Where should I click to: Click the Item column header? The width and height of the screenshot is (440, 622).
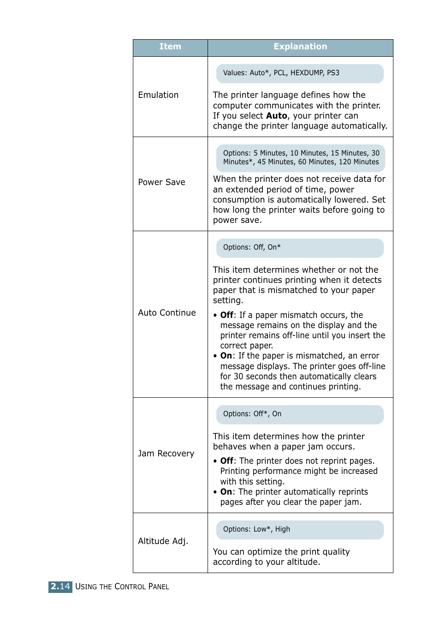click(170, 47)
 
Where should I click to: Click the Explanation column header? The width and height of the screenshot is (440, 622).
click(300, 47)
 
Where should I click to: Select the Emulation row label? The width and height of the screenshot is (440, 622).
click(158, 95)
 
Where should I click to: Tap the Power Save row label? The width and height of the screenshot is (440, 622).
click(161, 182)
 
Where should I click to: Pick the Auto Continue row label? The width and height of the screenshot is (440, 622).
click(166, 313)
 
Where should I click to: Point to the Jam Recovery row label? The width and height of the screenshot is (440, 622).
click(166, 454)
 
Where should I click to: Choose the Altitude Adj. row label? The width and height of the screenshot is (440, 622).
click(163, 541)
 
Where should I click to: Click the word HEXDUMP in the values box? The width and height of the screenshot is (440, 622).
click(306, 73)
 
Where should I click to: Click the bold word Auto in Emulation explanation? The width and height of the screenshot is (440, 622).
click(276, 116)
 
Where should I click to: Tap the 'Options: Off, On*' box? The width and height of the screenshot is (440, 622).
click(299, 248)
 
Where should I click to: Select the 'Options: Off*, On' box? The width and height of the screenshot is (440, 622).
click(299, 414)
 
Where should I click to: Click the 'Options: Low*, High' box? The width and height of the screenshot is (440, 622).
click(299, 530)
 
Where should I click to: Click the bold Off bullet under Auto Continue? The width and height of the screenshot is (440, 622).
click(226, 315)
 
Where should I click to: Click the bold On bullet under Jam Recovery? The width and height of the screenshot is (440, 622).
click(226, 492)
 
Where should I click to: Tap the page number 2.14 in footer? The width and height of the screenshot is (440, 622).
click(60, 586)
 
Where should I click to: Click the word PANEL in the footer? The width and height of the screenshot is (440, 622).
click(159, 587)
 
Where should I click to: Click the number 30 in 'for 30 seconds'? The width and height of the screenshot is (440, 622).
click(238, 377)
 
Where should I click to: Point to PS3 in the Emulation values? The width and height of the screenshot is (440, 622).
click(333, 73)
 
